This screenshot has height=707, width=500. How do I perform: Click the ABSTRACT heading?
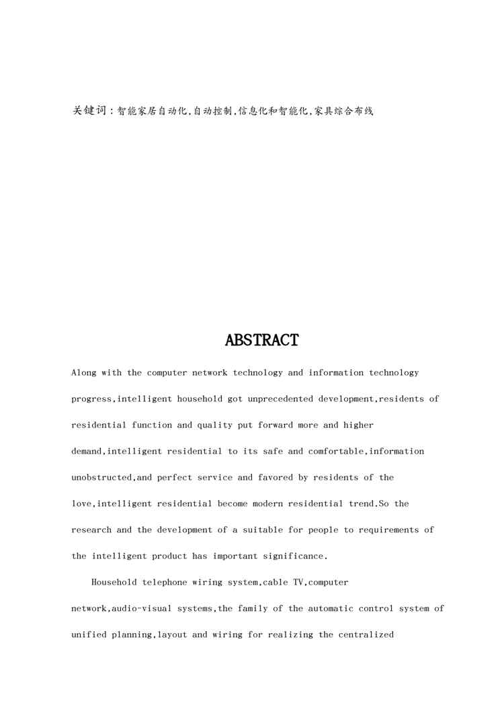pos(261,341)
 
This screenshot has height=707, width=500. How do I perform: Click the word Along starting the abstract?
pos(84,372)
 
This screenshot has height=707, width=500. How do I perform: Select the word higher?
pos(358,425)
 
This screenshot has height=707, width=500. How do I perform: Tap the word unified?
pos(89,634)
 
